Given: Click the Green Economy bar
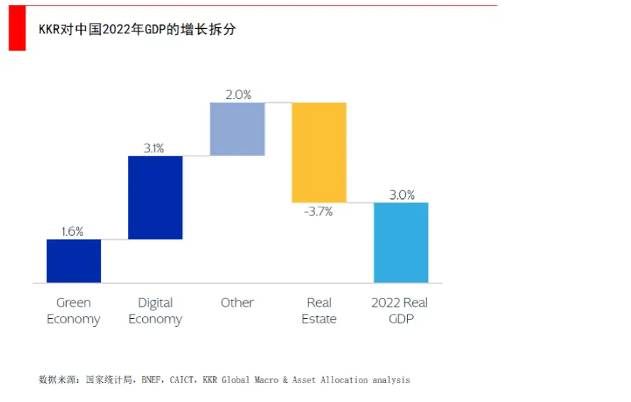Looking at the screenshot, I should [x=74, y=261].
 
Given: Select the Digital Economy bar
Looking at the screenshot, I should [x=155, y=197].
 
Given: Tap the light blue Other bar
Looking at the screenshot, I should [x=237, y=129].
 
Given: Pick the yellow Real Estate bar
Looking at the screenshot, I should [x=319, y=152].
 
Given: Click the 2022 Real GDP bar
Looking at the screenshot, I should [x=401, y=242].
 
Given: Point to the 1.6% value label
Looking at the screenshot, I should [x=72, y=231].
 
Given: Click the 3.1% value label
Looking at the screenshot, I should [x=154, y=148].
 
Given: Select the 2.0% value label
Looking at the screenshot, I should [x=238, y=94].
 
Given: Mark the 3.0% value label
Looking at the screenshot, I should [x=401, y=195].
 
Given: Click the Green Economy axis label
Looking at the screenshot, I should [x=74, y=311].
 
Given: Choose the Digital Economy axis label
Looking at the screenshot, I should [x=155, y=311].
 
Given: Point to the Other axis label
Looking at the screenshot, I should [x=237, y=303].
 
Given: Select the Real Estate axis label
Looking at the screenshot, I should [x=319, y=311].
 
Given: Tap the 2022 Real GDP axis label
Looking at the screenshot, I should [x=400, y=311].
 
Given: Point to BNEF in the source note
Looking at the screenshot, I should [x=151, y=380].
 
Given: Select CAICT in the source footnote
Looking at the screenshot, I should [x=183, y=380].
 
